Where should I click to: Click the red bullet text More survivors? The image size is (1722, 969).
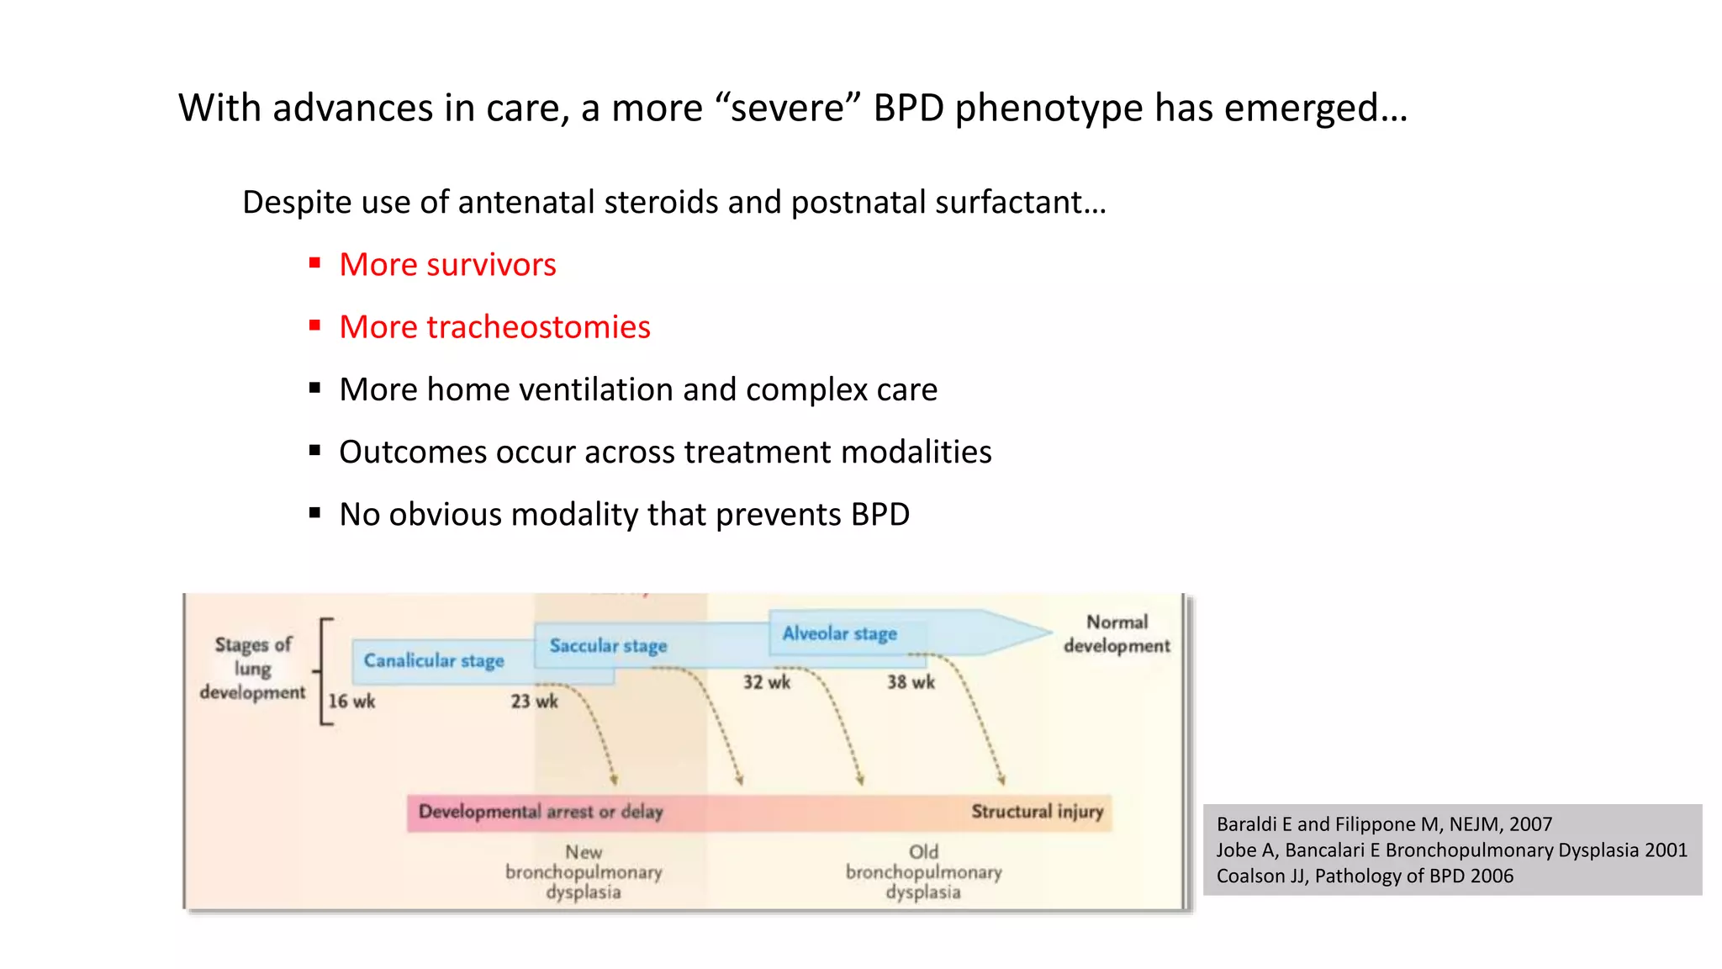447,265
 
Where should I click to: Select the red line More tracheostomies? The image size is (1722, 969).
494,327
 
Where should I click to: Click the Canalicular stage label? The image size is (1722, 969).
434,661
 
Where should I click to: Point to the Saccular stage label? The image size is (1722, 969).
608,646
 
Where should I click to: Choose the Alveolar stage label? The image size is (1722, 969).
839,633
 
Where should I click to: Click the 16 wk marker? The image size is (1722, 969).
351,702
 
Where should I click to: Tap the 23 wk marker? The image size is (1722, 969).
534,702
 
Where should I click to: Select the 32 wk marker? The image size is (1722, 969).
766,682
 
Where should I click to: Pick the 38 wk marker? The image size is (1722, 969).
911,682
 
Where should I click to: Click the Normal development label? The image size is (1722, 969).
1117,633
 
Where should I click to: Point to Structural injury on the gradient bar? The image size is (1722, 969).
1037,812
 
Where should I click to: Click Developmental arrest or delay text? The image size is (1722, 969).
541,813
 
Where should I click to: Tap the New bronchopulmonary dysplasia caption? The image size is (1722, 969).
584,872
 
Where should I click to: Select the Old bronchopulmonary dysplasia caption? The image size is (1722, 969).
923,872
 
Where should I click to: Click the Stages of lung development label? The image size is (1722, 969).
252,669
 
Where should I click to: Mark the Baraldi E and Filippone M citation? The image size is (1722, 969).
1384,824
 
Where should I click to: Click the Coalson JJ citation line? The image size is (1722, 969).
1364,876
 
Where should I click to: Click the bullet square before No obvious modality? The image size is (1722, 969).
315,512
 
